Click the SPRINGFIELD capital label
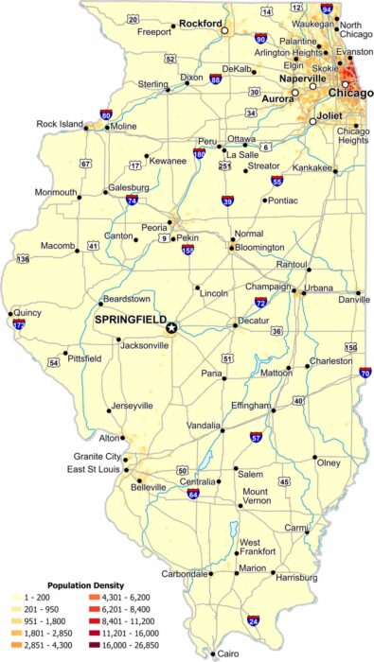[x=130, y=320]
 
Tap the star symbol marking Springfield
[x=171, y=327]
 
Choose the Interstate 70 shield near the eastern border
[x=365, y=373]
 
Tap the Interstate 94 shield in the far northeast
[x=327, y=9]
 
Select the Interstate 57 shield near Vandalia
[x=256, y=438]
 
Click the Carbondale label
[x=185, y=574]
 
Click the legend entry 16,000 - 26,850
[x=127, y=645]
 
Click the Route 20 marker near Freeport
[x=133, y=19]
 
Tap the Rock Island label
[x=60, y=123]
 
